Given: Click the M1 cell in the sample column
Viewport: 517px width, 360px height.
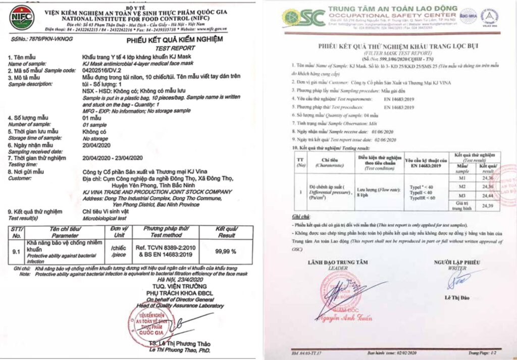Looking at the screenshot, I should tap(462, 177).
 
